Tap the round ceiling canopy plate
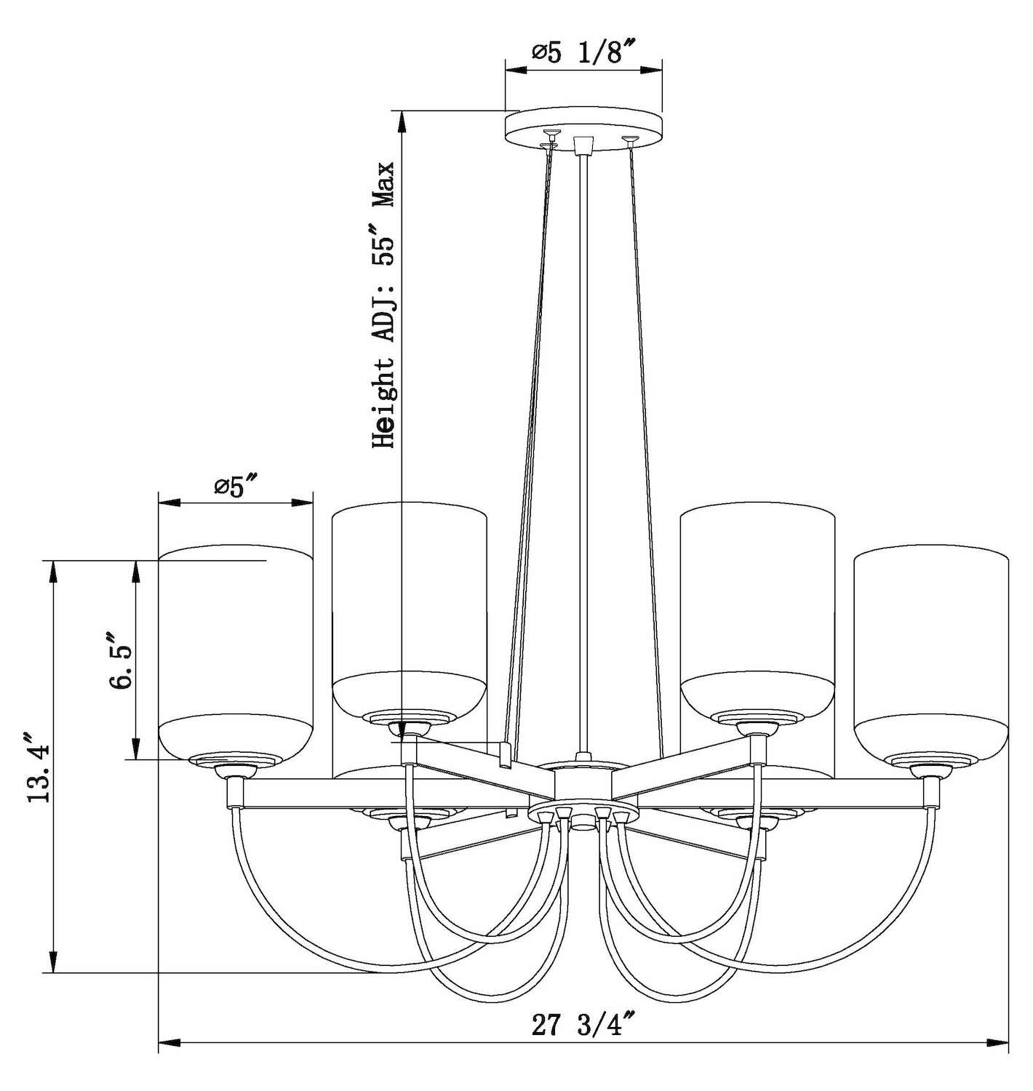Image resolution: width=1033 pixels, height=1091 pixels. (583, 132)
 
